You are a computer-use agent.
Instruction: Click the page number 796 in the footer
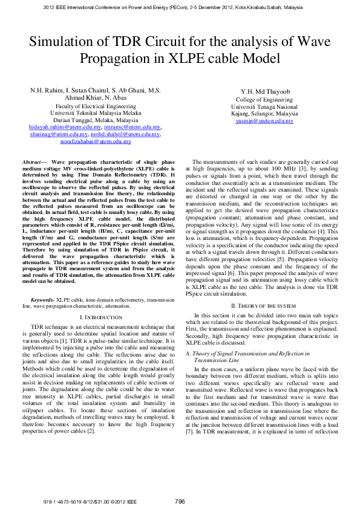180,501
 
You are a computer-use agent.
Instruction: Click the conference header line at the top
180,7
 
